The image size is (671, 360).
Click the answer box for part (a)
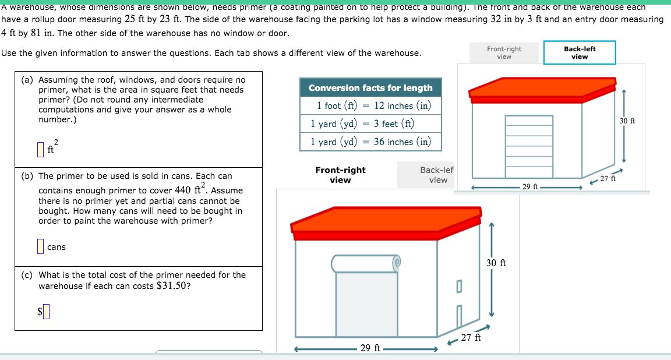point(41,150)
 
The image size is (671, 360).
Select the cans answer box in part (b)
point(41,246)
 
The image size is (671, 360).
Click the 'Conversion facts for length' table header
point(370,88)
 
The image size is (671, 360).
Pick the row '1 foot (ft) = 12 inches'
point(370,105)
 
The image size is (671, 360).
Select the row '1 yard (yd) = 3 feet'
point(370,123)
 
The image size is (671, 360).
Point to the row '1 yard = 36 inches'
point(370,142)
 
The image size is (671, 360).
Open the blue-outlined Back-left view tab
point(580,52)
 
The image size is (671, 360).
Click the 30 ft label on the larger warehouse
point(496,263)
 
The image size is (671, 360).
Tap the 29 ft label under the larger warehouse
point(370,348)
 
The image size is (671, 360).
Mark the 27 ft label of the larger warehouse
point(471,337)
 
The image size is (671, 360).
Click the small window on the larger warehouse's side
point(459,285)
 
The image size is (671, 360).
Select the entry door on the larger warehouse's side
point(459,318)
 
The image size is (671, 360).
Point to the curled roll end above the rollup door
point(397,263)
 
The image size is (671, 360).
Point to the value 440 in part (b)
point(182,190)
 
